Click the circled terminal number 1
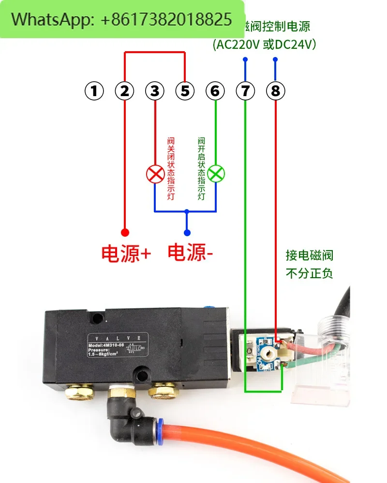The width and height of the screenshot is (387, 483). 94,91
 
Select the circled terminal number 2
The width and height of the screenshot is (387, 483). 125,91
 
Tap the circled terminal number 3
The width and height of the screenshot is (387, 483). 155,91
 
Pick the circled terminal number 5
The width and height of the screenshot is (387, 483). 185,91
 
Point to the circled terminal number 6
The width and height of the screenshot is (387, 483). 215,91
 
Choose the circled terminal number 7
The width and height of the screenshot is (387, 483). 245,91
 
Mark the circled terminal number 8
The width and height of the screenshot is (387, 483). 275,91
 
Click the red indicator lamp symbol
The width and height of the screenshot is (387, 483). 155,174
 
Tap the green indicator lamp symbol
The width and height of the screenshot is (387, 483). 216,174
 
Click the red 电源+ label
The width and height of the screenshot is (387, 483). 126,254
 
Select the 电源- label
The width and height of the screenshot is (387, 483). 190,253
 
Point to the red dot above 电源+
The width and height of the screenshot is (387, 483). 125,232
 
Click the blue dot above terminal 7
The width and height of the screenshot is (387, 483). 245,60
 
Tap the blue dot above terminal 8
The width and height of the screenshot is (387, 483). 275,60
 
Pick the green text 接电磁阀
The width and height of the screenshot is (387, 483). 310,255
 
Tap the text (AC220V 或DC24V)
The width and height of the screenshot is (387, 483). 265,44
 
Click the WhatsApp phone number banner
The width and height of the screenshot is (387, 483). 122,19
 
